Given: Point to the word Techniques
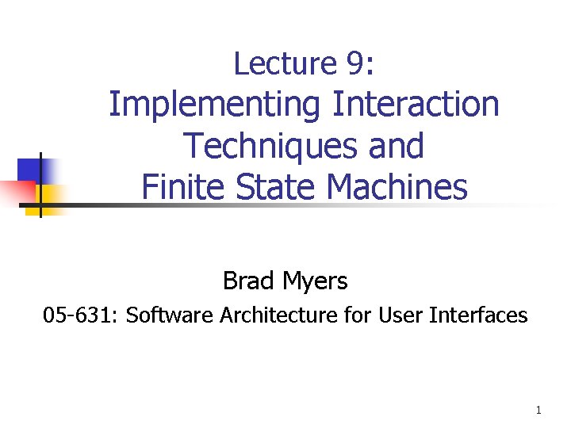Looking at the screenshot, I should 264,146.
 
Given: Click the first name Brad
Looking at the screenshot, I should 248,281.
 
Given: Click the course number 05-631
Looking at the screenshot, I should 79,315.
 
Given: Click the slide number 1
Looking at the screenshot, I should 538,410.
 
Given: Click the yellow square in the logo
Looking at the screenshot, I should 51,194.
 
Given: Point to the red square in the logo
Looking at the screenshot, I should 18,190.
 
